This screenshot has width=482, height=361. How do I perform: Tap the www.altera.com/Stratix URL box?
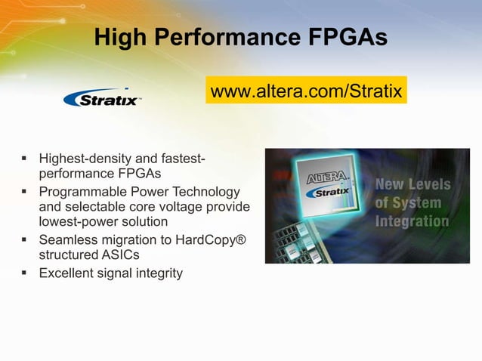point(306,92)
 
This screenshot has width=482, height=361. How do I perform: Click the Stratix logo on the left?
point(102,98)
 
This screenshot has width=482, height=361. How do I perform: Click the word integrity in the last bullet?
point(157,273)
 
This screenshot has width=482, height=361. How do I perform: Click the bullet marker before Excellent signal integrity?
point(24,272)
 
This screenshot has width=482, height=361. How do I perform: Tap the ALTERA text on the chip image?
point(327,179)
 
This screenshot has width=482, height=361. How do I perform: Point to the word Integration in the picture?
point(412,221)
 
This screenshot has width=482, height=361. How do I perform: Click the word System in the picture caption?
point(418,203)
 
